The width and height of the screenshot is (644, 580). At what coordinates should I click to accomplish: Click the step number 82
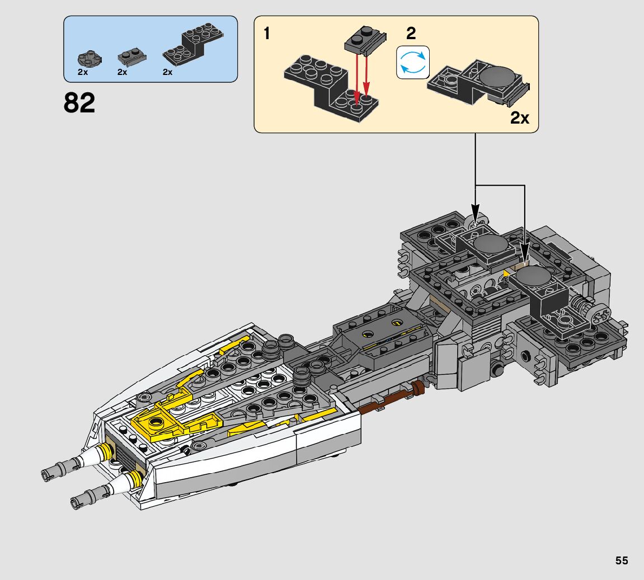click(79, 102)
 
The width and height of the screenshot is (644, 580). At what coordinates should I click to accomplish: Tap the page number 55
click(622, 560)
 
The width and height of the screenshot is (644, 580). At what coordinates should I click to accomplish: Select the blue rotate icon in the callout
click(413, 63)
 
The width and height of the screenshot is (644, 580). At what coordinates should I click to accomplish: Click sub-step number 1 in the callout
click(267, 33)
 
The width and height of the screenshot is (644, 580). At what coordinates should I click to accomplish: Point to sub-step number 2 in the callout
click(411, 33)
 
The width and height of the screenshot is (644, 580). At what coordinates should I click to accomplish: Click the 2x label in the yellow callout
click(520, 118)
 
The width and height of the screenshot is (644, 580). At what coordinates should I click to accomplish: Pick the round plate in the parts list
click(90, 59)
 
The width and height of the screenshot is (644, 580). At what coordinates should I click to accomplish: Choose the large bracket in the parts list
click(193, 46)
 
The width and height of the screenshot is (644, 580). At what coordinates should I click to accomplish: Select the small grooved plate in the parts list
click(132, 57)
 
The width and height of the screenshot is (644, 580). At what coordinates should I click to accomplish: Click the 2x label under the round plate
click(83, 72)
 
